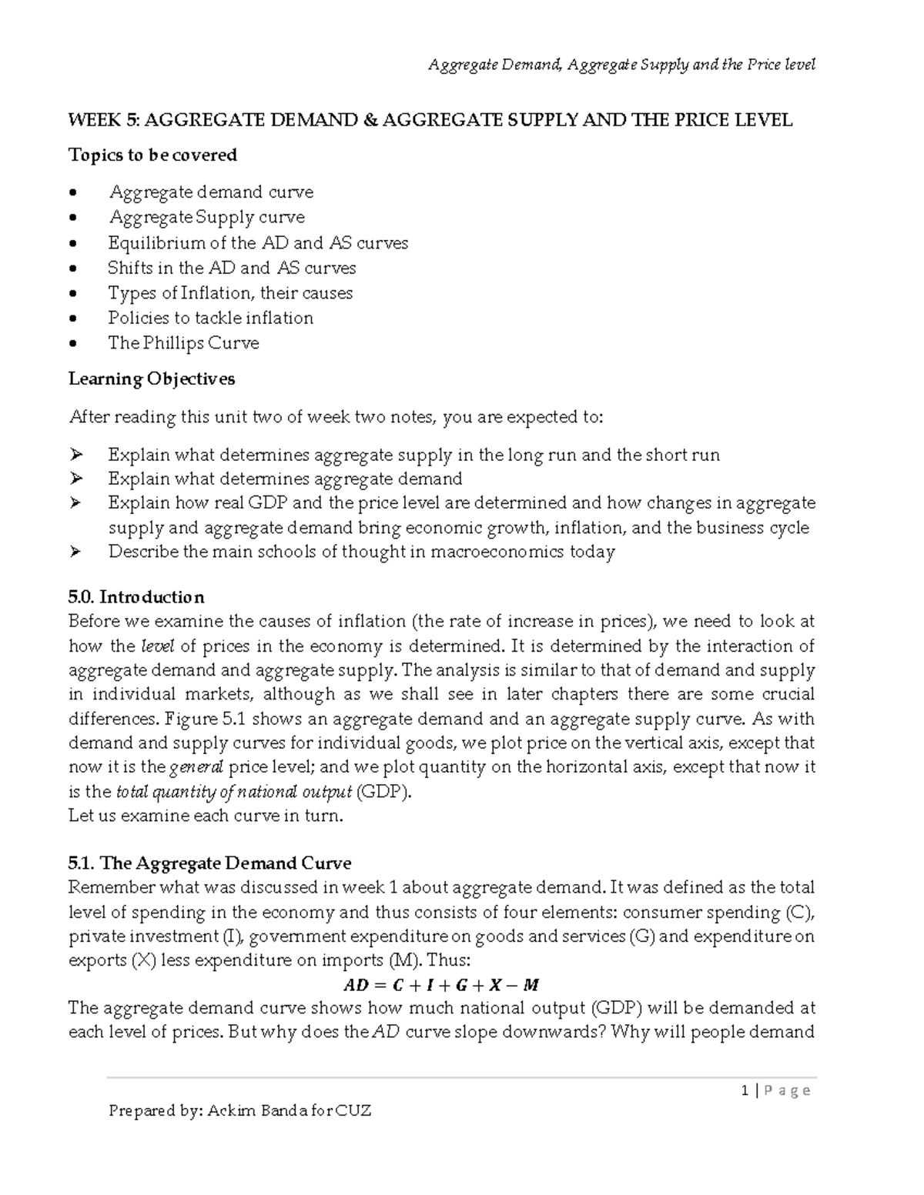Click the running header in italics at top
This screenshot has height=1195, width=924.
coord(621,65)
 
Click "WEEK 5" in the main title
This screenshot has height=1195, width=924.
coord(95,120)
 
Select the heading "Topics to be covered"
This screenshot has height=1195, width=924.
coord(152,155)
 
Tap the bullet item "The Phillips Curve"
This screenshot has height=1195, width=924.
coord(183,343)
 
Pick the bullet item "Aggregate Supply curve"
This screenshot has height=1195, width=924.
coord(206,218)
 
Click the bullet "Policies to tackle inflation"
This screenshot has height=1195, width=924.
coord(210,319)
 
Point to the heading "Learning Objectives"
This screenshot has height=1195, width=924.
coord(152,379)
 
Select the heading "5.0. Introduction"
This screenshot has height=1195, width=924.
coord(136,597)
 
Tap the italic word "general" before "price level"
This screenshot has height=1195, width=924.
coord(196,767)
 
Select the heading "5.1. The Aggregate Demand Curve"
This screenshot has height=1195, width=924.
coord(209,863)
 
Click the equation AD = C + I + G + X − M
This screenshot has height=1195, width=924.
coord(441,985)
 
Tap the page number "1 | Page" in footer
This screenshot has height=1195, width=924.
coord(775,1090)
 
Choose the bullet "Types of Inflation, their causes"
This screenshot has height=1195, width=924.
coord(230,293)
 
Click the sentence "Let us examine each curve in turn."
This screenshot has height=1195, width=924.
coord(205,816)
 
